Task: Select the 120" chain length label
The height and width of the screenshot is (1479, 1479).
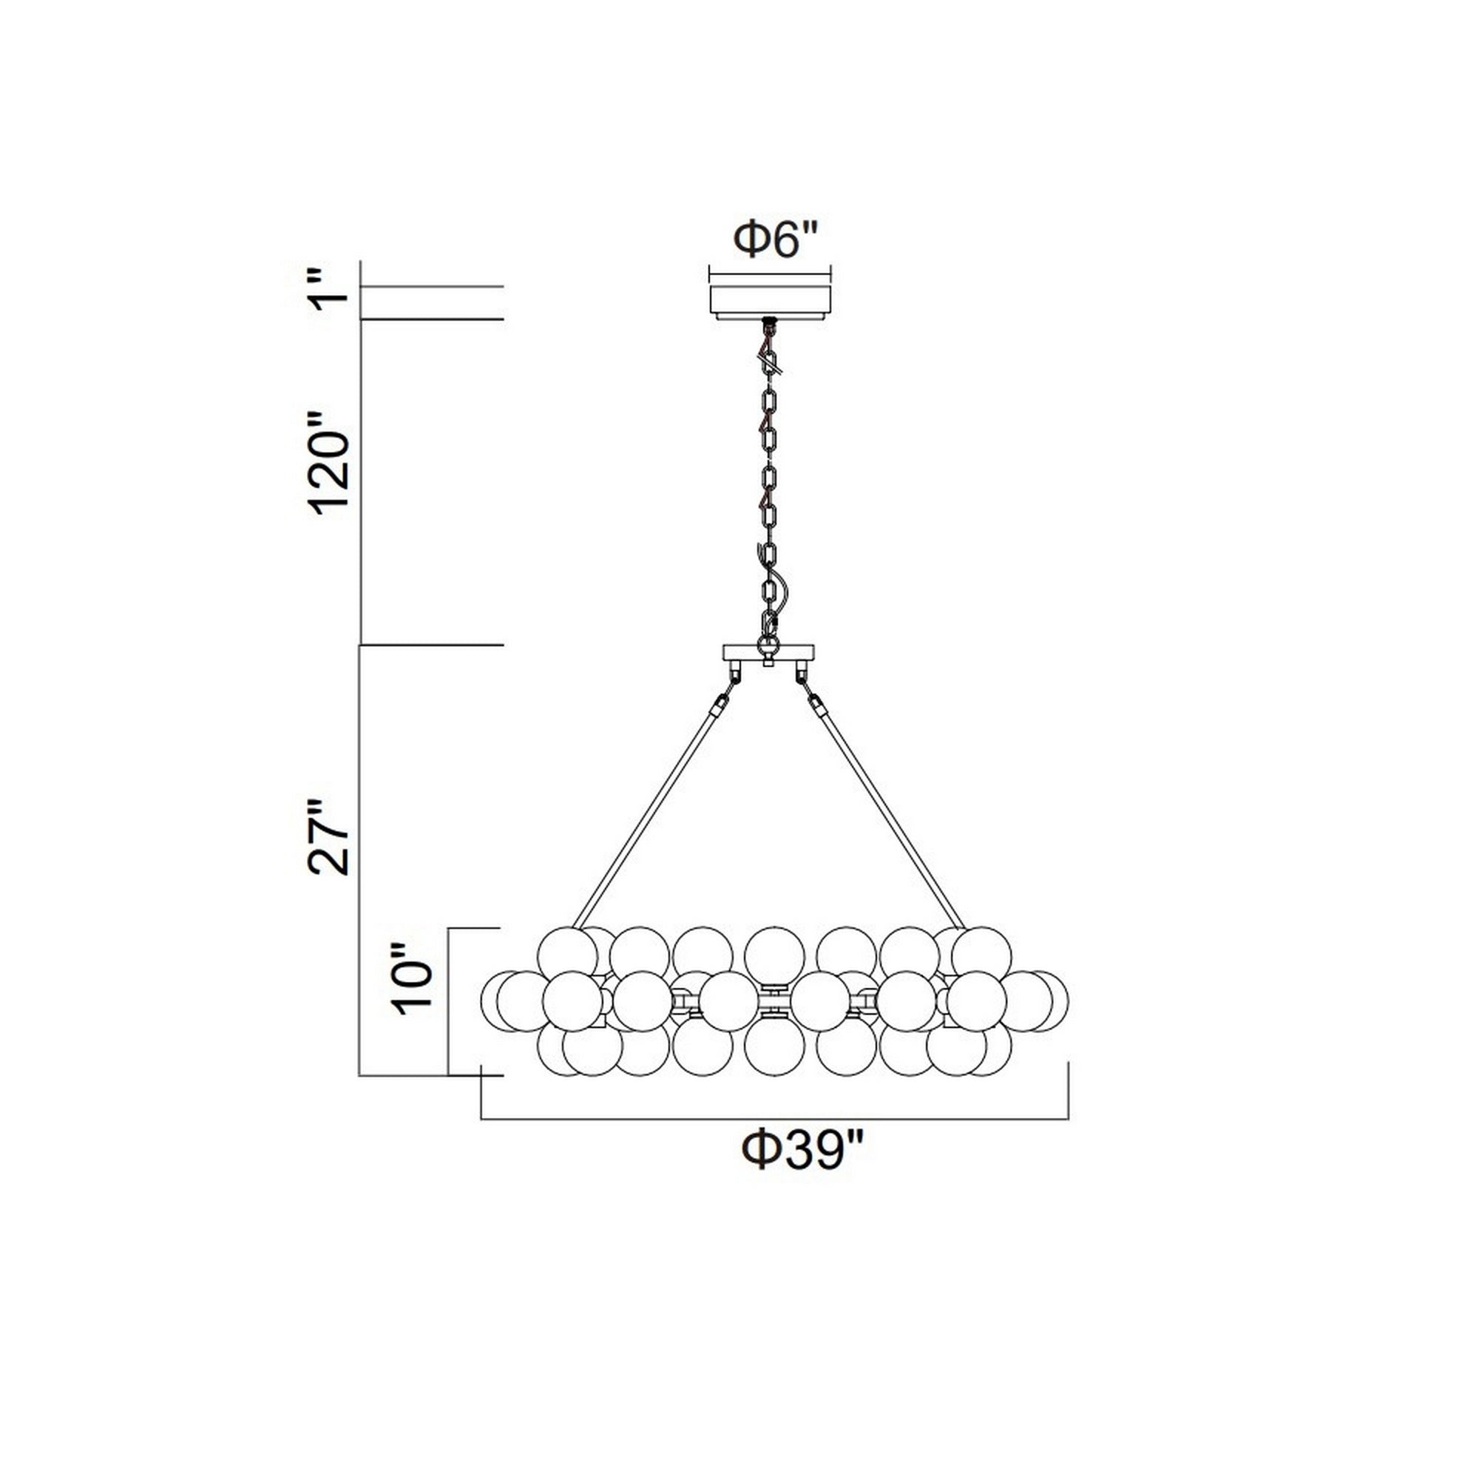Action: [329, 464]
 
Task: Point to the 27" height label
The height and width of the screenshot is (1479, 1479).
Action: [329, 839]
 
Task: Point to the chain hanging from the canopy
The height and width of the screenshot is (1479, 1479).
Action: [770, 475]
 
